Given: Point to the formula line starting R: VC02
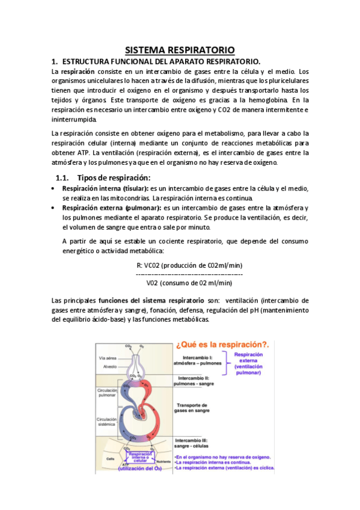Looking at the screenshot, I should pyautogui.click(x=189, y=265).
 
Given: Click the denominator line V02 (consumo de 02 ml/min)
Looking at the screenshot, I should pyautogui.click(x=189, y=283).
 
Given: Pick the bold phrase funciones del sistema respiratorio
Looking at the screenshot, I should pyautogui.click(x=151, y=300).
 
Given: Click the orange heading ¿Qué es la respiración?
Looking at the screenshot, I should pyautogui.click(x=221, y=345).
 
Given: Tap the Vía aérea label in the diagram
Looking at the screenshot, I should pyautogui.click(x=107, y=358).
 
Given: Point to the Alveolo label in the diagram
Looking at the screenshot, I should pyautogui.click(x=108, y=366).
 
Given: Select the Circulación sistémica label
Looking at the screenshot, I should pyautogui.click(x=106, y=421).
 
